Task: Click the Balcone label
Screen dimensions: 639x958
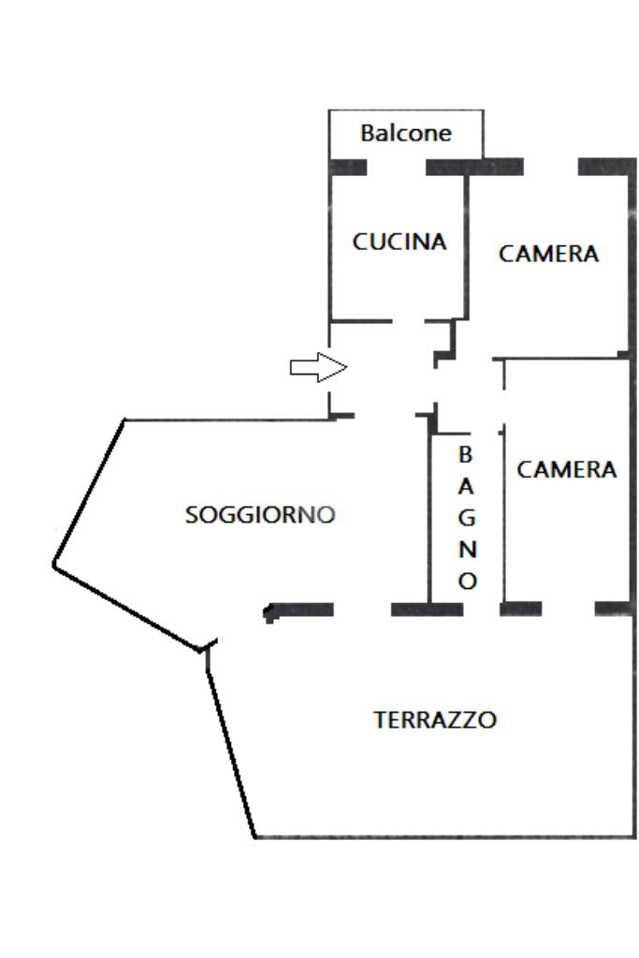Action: click(406, 133)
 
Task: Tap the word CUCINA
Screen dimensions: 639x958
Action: click(399, 242)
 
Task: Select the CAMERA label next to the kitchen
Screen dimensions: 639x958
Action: click(548, 254)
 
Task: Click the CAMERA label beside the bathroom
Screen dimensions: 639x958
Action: click(566, 469)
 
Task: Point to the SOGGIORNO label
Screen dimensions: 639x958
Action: click(260, 514)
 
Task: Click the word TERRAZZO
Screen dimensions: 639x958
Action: click(434, 720)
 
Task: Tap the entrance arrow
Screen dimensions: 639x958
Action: click(319, 367)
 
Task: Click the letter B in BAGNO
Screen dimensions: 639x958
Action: click(465, 454)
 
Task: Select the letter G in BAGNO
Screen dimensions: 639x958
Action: click(466, 518)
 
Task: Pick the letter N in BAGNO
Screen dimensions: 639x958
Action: click(467, 550)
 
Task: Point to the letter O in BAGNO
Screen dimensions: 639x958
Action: click(467, 581)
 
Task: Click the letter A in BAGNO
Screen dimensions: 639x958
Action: click(466, 486)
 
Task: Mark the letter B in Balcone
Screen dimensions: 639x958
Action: click(367, 133)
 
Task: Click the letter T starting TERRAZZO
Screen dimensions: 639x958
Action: click(380, 720)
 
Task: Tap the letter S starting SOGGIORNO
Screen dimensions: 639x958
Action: click(191, 515)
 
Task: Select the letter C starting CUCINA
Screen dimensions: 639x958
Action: click(360, 242)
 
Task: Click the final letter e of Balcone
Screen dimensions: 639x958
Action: click(445, 135)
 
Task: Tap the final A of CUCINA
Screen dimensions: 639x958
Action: click(438, 242)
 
